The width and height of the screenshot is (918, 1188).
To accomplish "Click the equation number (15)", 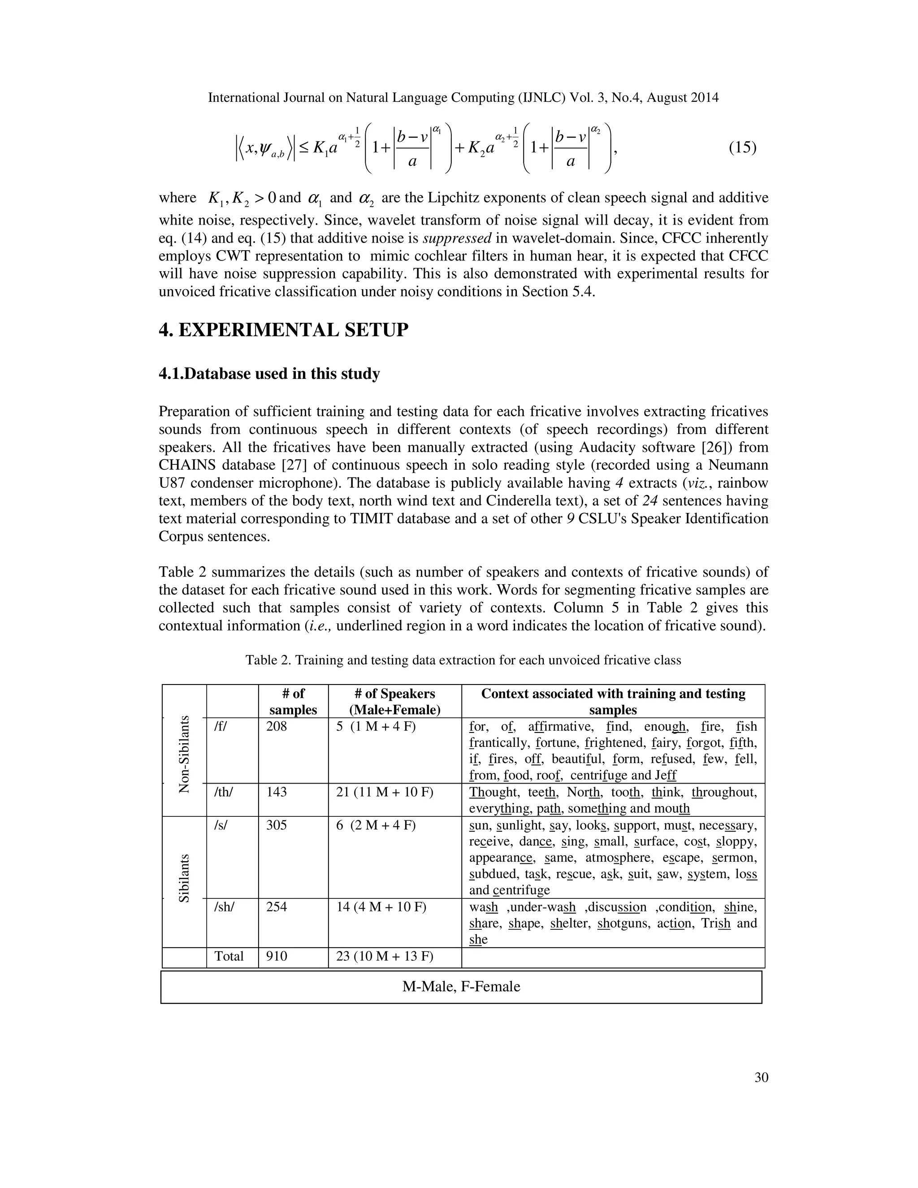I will [x=742, y=147].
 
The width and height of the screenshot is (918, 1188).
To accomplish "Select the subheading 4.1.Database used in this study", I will [x=269, y=374].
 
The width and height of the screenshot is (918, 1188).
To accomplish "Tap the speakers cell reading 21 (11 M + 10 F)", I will [x=385, y=792].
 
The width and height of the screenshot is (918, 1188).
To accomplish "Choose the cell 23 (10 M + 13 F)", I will [x=385, y=956].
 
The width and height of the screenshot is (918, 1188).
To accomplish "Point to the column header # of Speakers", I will [x=395, y=702].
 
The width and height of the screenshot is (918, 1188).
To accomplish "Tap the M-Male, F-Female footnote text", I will [x=461, y=987].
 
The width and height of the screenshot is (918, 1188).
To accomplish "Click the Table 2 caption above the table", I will [x=463, y=660].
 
